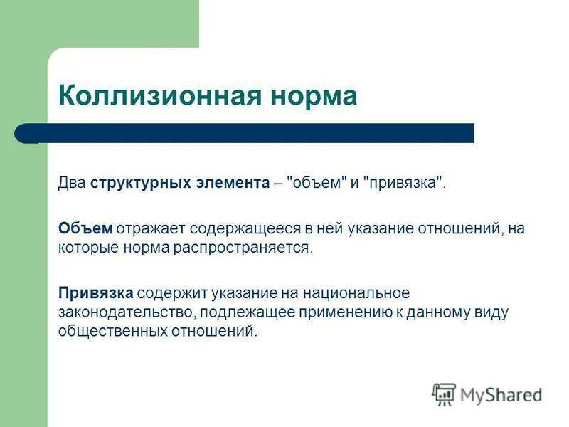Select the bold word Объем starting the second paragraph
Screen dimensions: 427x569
click(85, 228)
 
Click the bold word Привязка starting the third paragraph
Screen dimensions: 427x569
click(96, 293)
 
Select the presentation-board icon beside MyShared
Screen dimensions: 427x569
click(444, 394)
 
